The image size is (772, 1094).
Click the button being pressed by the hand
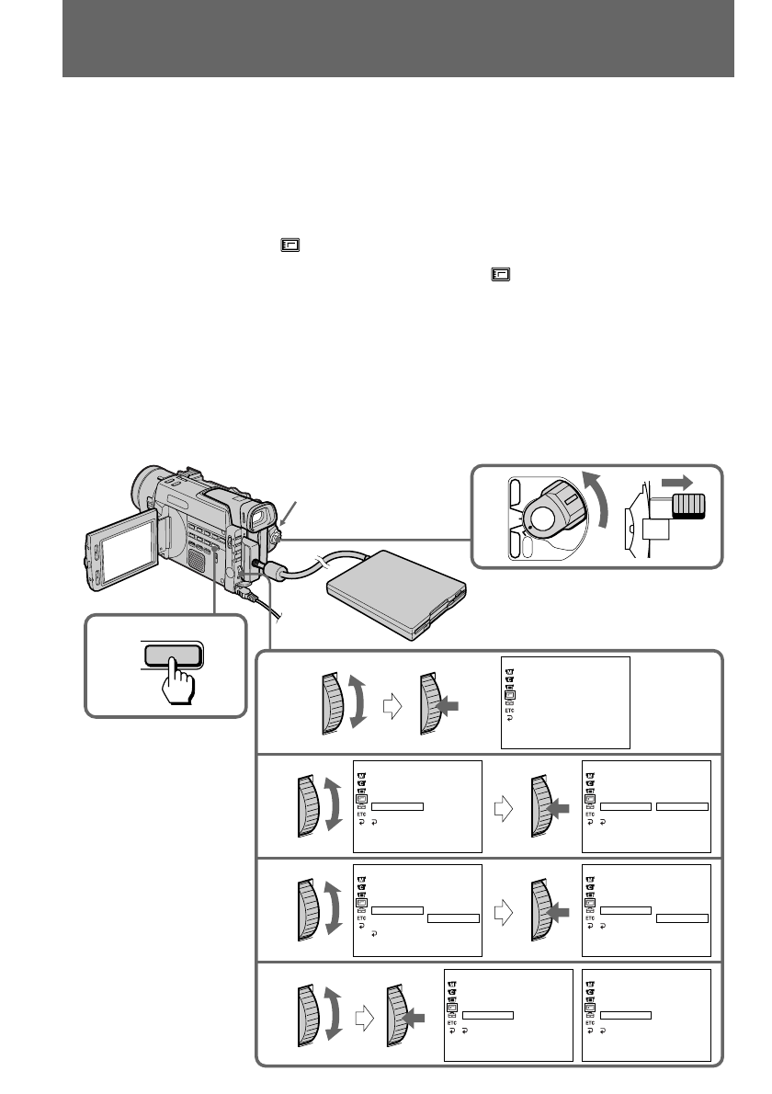[x=173, y=655]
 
